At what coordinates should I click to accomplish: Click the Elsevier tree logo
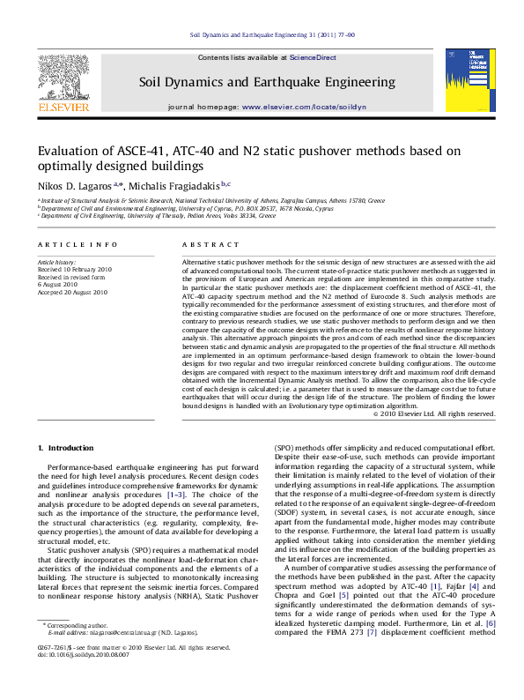pos(63,77)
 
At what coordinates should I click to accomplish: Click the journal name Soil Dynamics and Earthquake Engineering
pos(267,82)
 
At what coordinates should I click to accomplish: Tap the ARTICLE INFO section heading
pos(77,244)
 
